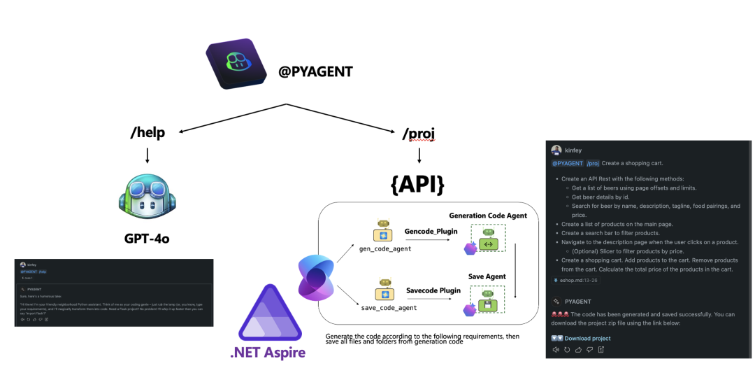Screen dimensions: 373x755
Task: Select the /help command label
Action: pyautogui.click(x=147, y=132)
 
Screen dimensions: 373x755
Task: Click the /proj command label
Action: pyautogui.click(x=418, y=132)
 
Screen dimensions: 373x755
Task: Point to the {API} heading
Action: pyautogui.click(x=418, y=184)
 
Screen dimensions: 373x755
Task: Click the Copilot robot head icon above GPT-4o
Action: pyautogui.click(x=146, y=197)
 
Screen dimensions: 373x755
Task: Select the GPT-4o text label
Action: pyautogui.click(x=146, y=238)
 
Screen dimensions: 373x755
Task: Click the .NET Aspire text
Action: pyautogui.click(x=268, y=352)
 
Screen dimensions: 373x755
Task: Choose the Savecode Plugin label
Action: pyautogui.click(x=433, y=290)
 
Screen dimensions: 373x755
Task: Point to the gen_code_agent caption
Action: pyautogui.click(x=385, y=248)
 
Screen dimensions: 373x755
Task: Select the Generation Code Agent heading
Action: pyautogui.click(x=488, y=216)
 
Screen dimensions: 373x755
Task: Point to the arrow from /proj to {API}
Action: pyautogui.click(x=418, y=155)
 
